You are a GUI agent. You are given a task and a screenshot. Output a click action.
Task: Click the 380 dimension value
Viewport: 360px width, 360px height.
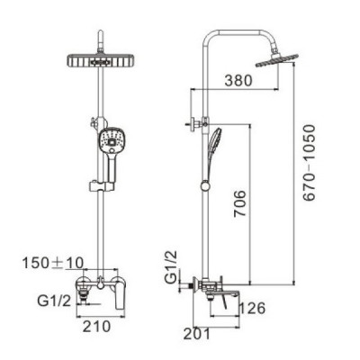[238, 80]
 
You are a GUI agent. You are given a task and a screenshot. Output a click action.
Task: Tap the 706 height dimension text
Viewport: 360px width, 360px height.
[240, 203]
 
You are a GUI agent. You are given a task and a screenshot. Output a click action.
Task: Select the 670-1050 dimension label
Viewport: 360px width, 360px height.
[309, 163]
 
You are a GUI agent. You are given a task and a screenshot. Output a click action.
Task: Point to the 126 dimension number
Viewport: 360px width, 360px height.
[252, 308]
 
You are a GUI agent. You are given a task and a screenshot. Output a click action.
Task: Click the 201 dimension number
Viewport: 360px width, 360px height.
[197, 334]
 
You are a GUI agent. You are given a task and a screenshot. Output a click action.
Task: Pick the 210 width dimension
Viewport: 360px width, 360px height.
[96, 327]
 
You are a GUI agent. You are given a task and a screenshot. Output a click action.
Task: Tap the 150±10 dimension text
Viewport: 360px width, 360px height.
[53, 263]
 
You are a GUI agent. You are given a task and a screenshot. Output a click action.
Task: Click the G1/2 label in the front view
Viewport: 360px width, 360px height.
[54, 301]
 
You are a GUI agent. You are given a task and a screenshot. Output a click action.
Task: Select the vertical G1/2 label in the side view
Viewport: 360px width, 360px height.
[171, 267]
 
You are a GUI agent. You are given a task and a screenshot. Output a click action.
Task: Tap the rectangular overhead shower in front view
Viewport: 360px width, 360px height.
[100, 61]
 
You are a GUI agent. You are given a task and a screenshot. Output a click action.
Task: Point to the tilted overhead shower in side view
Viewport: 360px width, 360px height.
[276, 60]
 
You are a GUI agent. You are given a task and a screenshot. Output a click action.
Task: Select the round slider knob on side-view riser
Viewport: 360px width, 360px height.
[205, 186]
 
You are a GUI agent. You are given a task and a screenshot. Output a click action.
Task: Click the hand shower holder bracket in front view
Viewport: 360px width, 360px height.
[102, 186]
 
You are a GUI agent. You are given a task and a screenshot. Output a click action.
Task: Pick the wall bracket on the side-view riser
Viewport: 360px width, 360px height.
[197, 123]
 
